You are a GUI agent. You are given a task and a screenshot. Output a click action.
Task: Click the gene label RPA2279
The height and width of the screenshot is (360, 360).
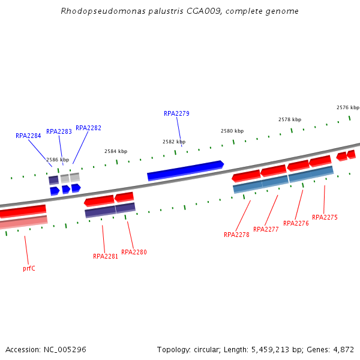[x=176, y=113]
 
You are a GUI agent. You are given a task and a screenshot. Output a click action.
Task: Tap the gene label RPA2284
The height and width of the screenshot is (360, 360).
[x=28, y=136]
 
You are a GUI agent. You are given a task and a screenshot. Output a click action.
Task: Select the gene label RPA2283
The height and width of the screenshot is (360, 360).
[x=59, y=131]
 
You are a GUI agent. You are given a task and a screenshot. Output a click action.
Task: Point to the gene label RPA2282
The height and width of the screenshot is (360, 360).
[x=88, y=128]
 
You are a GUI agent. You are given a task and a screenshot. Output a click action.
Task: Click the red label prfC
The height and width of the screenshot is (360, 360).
[x=29, y=268]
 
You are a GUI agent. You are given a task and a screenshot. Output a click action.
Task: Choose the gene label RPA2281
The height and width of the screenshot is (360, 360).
[x=106, y=256]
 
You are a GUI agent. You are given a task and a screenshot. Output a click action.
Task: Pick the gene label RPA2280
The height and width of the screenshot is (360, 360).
[x=134, y=252]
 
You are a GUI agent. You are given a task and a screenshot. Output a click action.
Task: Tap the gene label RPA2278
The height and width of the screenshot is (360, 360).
[x=236, y=235]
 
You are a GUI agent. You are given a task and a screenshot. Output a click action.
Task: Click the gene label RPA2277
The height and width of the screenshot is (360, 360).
[x=266, y=229]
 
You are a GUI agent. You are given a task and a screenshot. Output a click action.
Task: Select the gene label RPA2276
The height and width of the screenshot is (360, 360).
[x=296, y=223]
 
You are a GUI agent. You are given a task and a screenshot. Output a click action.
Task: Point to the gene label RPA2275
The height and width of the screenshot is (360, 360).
[x=325, y=217]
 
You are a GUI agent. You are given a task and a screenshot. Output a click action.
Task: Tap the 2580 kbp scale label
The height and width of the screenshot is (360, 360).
[x=232, y=131]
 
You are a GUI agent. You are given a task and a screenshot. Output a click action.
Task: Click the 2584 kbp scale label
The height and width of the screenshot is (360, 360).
[x=116, y=151]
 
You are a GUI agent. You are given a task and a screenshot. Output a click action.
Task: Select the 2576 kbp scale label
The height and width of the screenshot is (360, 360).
[x=348, y=107]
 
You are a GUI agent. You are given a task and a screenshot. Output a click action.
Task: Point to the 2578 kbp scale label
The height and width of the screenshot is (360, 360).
[x=290, y=119]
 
